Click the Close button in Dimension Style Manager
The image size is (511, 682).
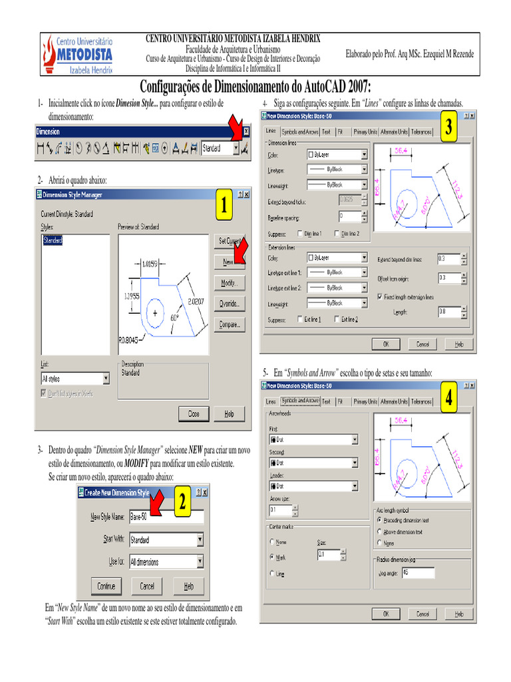[x=194, y=414]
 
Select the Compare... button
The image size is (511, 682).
[x=229, y=326]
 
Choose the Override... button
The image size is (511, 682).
[x=229, y=304]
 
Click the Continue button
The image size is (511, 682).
[x=106, y=586]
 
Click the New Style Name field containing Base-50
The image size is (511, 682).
[x=166, y=517]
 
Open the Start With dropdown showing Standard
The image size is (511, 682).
[x=166, y=539]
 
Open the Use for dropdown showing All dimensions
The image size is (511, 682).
[x=166, y=562]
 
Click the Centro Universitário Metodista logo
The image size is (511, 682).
[x=77, y=53]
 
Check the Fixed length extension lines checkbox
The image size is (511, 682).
[x=380, y=296]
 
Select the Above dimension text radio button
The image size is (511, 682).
[x=379, y=531]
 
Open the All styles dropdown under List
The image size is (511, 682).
[x=75, y=379]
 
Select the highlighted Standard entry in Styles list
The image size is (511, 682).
[x=53, y=240]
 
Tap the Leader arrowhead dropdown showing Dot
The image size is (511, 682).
[x=313, y=486]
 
